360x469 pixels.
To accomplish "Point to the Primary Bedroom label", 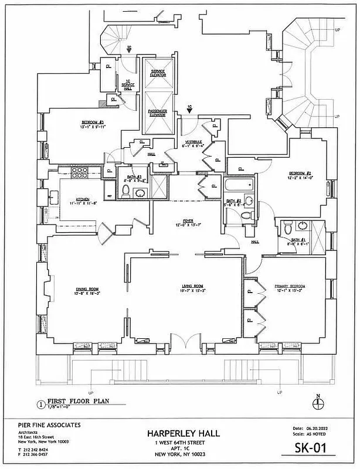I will tap(290, 286).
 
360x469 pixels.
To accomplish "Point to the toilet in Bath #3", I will tap(125, 191).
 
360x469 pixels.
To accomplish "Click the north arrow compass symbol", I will tap(318, 404).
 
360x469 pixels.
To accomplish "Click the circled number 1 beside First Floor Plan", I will tap(40, 403).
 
